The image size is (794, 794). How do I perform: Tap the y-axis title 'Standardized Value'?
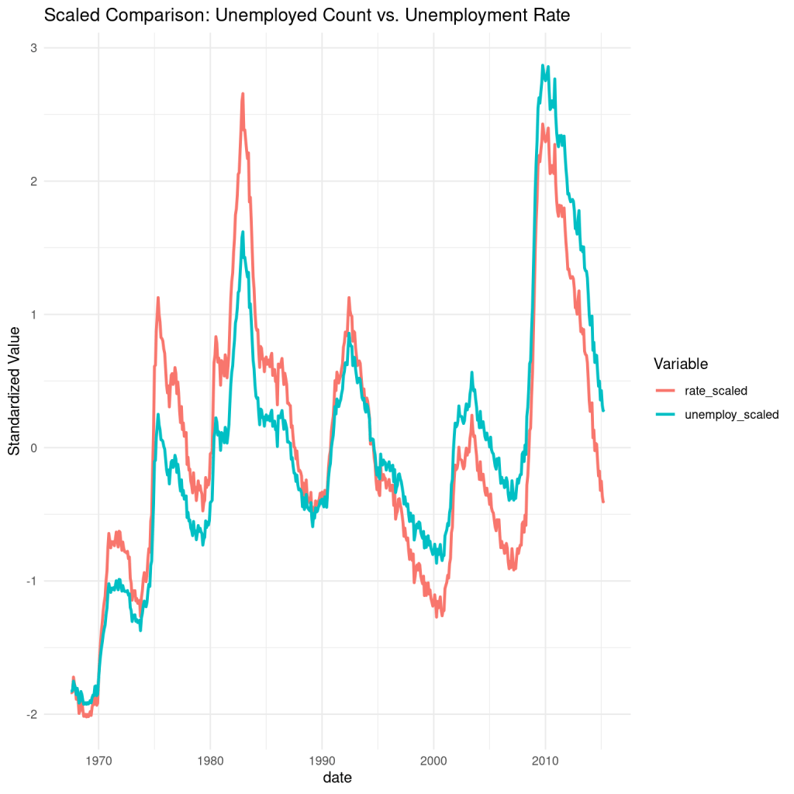click(15, 381)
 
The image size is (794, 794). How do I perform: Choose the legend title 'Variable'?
click(679, 363)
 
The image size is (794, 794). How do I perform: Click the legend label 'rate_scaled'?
click(716, 390)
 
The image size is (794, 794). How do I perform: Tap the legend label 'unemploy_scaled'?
click(731, 415)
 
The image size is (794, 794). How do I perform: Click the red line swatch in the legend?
click(666, 390)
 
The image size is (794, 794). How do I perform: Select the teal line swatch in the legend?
click(666, 415)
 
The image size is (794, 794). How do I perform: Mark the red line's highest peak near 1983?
click(243, 94)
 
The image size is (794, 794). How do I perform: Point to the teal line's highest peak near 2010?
click(543, 66)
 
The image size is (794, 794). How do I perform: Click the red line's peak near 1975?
click(158, 298)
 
